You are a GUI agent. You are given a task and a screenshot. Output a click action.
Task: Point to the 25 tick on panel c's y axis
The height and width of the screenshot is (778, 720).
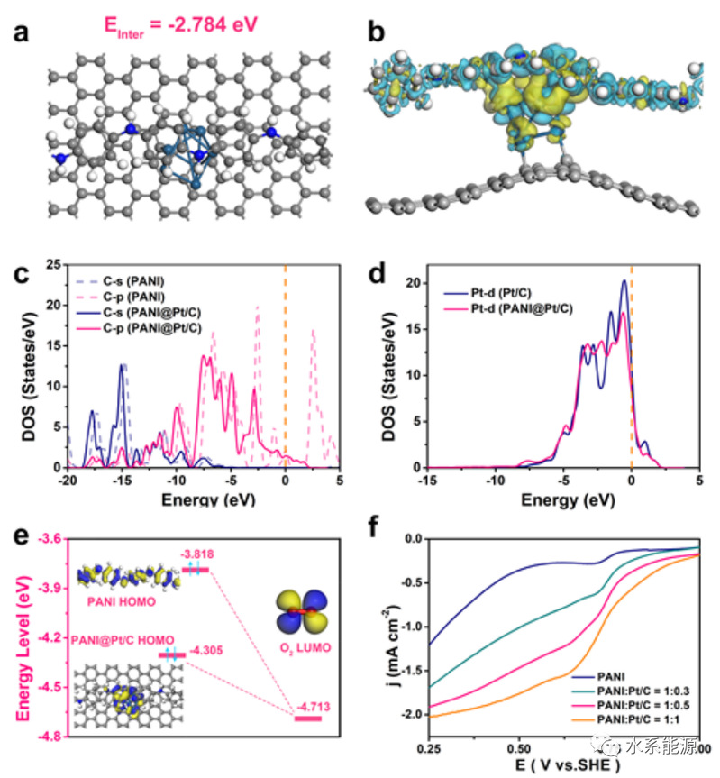click(x=52, y=264)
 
